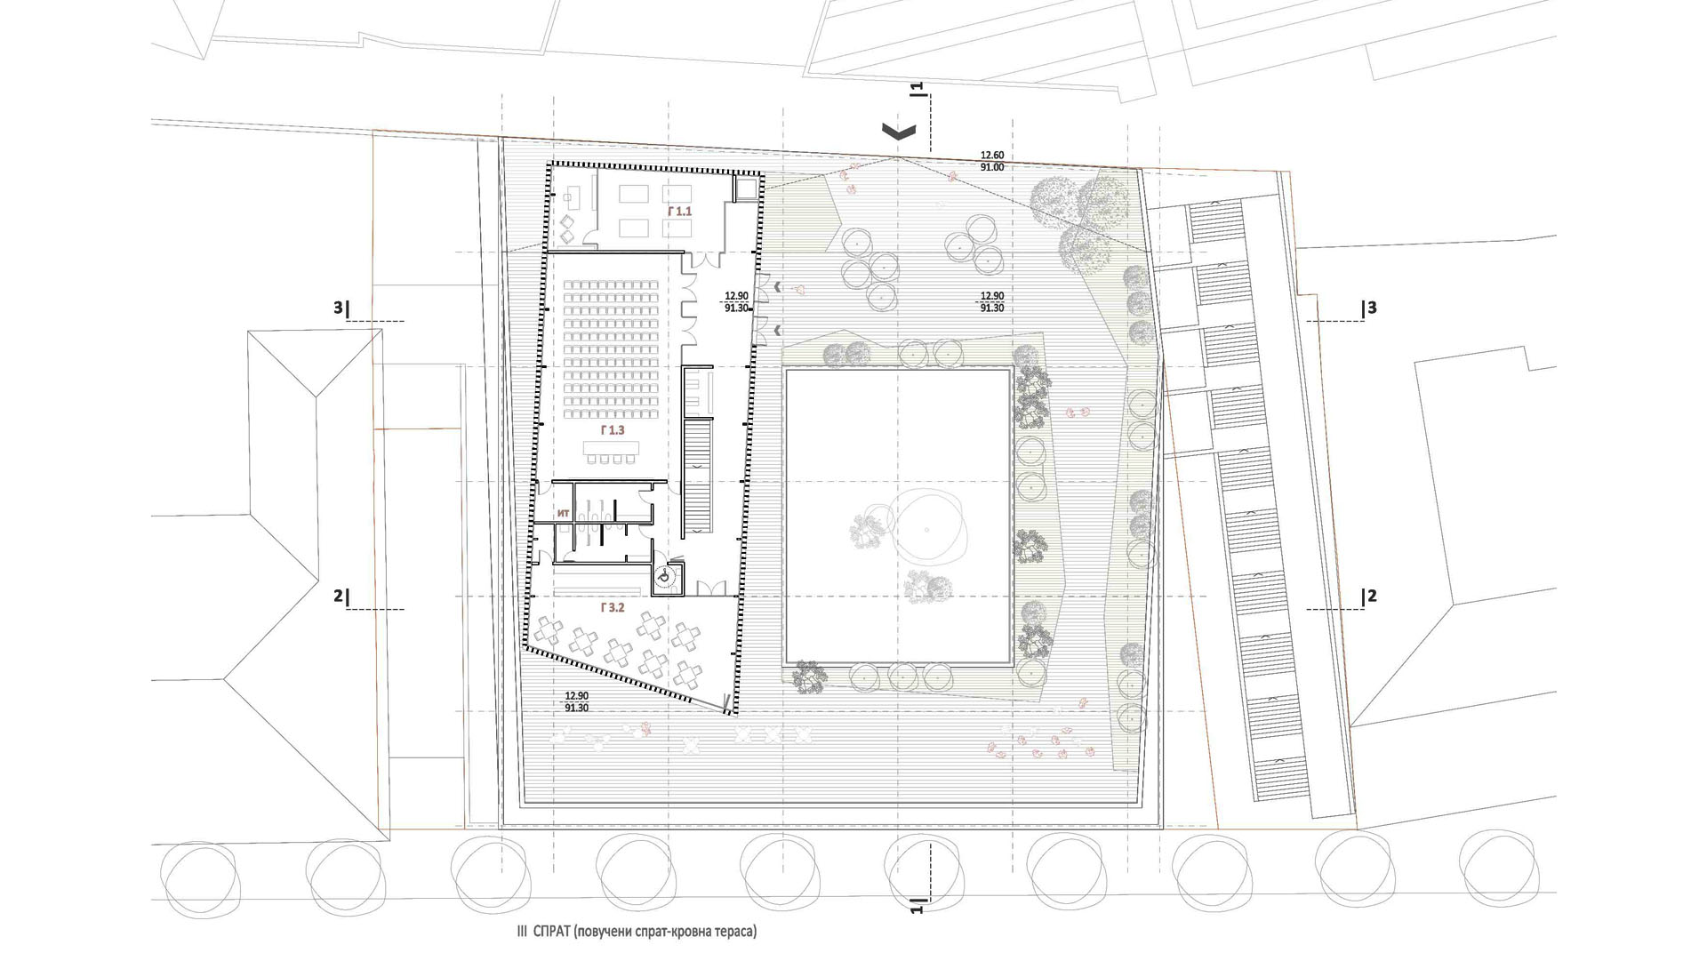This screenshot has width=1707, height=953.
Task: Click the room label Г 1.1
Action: coord(678,212)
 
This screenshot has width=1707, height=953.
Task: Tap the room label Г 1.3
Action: coord(613,430)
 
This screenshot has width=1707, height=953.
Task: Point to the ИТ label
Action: coord(563,513)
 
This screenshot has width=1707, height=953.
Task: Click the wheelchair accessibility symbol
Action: coord(664,577)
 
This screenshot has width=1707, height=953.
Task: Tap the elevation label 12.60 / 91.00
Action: coord(992,161)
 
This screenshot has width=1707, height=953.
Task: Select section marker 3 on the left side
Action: coord(341,308)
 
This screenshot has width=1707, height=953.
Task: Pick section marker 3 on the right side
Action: coord(1369,308)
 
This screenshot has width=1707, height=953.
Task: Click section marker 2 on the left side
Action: coord(341,596)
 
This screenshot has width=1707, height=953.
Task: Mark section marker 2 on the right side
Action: coord(1369,596)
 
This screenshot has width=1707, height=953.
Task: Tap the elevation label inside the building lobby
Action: coord(737,302)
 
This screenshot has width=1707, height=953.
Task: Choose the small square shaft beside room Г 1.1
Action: coord(746,188)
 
